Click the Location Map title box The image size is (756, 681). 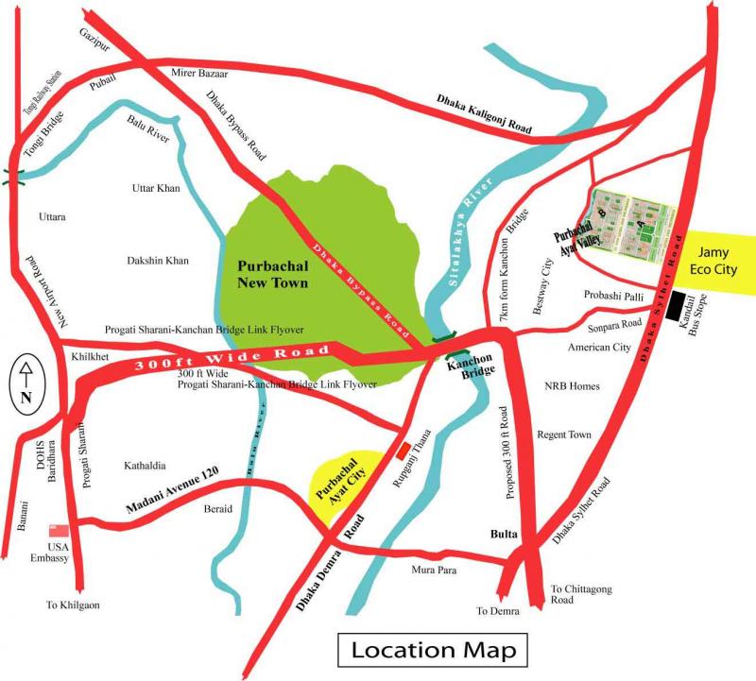(433, 650)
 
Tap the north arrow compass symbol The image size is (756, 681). (26, 385)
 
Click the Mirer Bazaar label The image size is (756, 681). (200, 73)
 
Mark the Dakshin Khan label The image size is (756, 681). (158, 261)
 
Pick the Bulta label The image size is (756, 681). (504, 535)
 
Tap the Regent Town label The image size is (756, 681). (564, 434)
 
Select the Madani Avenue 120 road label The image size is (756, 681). (172, 499)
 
